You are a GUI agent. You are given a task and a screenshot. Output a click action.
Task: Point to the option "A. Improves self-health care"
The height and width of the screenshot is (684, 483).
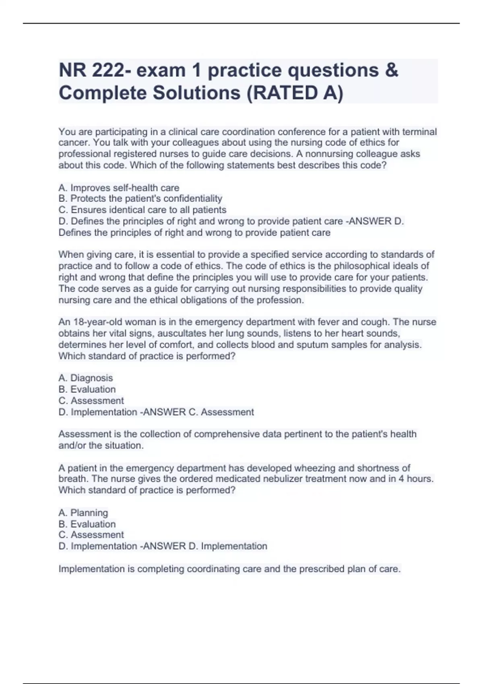click(119, 187)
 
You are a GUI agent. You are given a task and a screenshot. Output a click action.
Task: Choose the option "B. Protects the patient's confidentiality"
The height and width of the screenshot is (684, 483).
click(140, 198)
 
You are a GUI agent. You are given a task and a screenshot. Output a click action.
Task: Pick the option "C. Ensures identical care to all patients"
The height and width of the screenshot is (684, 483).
click(142, 210)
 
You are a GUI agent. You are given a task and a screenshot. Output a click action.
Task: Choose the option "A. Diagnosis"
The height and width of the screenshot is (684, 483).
click(86, 378)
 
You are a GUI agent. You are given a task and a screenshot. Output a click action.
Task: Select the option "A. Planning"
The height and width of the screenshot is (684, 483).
click(83, 513)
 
